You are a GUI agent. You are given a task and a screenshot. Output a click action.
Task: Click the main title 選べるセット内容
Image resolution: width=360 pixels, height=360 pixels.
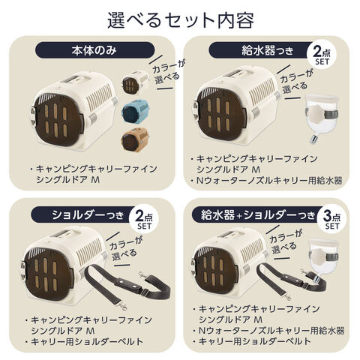181,20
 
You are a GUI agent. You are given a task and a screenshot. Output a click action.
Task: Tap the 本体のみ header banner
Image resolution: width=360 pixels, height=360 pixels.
94,50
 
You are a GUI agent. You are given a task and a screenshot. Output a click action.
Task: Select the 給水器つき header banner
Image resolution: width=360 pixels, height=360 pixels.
260,50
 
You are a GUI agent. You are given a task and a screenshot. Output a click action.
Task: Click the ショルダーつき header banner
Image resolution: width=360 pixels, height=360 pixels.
85,214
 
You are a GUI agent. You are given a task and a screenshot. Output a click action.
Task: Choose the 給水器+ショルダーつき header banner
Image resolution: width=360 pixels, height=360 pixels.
257,214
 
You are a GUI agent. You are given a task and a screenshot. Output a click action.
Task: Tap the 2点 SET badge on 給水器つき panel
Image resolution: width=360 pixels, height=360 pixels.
322,55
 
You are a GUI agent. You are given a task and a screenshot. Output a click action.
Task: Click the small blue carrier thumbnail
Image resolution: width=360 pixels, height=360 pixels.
135,111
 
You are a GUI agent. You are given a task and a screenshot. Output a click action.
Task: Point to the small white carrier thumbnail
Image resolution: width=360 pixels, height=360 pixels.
135,82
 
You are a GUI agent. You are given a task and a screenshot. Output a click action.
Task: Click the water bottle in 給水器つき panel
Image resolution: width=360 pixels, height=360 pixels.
321,118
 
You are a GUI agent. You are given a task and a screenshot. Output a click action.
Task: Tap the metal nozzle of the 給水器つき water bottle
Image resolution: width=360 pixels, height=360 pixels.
313,139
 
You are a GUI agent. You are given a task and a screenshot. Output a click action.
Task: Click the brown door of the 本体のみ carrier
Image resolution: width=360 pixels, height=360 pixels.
58,121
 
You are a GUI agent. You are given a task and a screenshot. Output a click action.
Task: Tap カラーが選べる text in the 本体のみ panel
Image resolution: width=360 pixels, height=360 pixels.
166,73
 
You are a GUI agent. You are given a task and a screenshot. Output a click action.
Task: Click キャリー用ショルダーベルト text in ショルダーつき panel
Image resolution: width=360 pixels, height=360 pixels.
87,341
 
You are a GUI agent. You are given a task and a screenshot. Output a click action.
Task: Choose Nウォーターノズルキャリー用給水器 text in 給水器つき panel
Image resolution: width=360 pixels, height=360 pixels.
269,180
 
